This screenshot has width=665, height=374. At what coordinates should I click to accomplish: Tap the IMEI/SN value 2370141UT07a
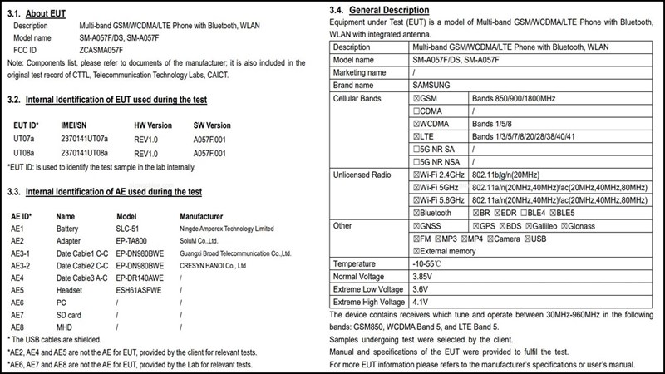(x=84, y=139)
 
